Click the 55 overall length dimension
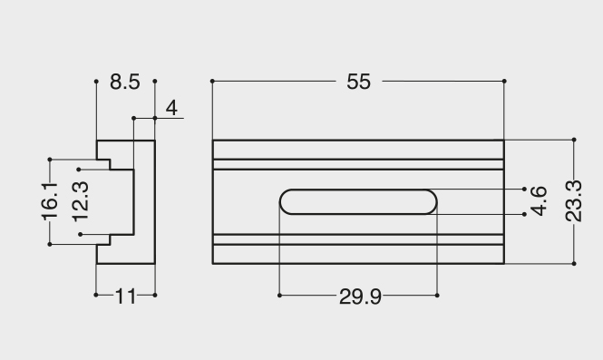click(358, 82)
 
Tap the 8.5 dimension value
click(125, 82)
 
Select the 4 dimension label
click(171, 108)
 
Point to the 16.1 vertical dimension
click(50, 202)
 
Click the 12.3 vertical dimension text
click(81, 202)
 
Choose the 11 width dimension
click(125, 297)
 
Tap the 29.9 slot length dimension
click(360, 297)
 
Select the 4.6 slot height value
click(539, 201)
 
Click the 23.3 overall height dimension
click(573, 201)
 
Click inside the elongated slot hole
click(358, 201)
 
